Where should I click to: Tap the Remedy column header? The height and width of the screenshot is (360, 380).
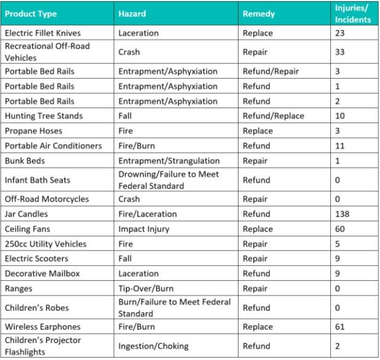pos(259,14)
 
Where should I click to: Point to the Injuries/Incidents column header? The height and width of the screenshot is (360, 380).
pos(352,14)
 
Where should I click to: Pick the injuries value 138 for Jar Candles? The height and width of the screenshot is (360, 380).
pos(342,214)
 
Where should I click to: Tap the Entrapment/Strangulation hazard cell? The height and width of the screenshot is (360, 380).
pos(168,160)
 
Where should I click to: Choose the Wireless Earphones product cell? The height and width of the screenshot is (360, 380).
pos(42,327)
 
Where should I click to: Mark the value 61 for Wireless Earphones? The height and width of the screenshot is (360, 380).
pos(340,327)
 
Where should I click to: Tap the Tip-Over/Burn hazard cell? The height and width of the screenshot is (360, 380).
pos(146,288)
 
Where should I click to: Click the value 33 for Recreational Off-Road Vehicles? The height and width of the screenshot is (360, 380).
pos(340,52)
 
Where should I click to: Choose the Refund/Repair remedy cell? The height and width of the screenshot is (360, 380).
pos(271,71)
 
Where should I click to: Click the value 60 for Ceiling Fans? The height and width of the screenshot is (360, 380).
pos(340,229)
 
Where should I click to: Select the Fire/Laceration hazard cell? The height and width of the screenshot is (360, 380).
pos(147,214)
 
